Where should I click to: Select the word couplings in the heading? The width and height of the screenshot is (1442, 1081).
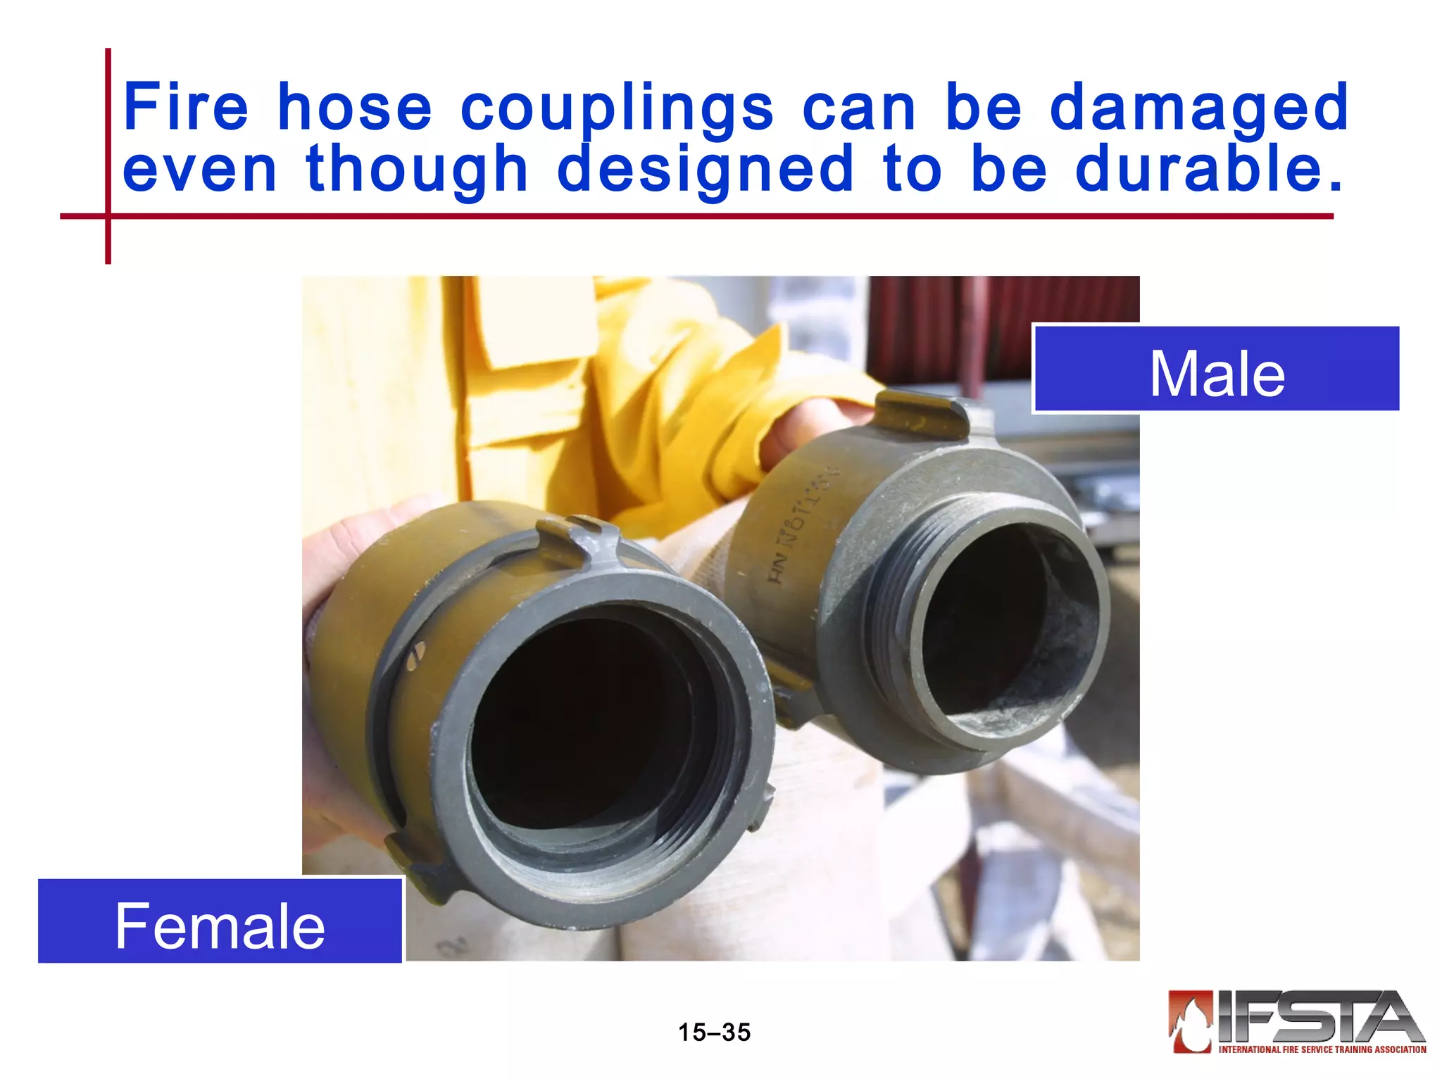coord(617,108)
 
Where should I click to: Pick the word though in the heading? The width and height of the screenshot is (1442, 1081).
coord(417,170)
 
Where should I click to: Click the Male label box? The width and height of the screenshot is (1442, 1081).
coord(1217,369)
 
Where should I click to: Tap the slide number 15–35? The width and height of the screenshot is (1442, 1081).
coord(714,1032)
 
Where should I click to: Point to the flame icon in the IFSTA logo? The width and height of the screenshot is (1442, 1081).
coord(1190,1020)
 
